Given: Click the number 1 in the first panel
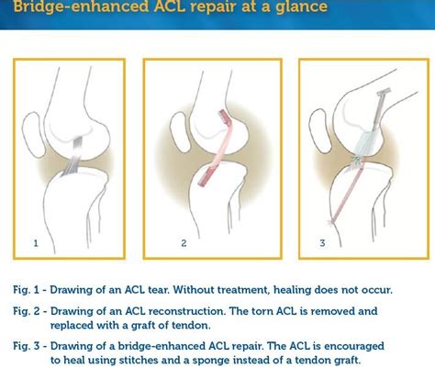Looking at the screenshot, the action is [x=36, y=243].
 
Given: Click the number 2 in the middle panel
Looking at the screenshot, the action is [x=184, y=243].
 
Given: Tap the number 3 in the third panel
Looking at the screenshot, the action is [x=322, y=243].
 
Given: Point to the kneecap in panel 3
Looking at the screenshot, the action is [x=320, y=130].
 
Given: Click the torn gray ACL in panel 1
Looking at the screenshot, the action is [x=72, y=157].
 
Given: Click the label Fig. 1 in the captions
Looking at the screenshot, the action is [x=26, y=290].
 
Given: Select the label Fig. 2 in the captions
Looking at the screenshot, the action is [x=27, y=311].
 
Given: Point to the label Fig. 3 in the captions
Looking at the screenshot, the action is [x=27, y=346].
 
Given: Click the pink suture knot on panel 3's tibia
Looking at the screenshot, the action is [x=329, y=221].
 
